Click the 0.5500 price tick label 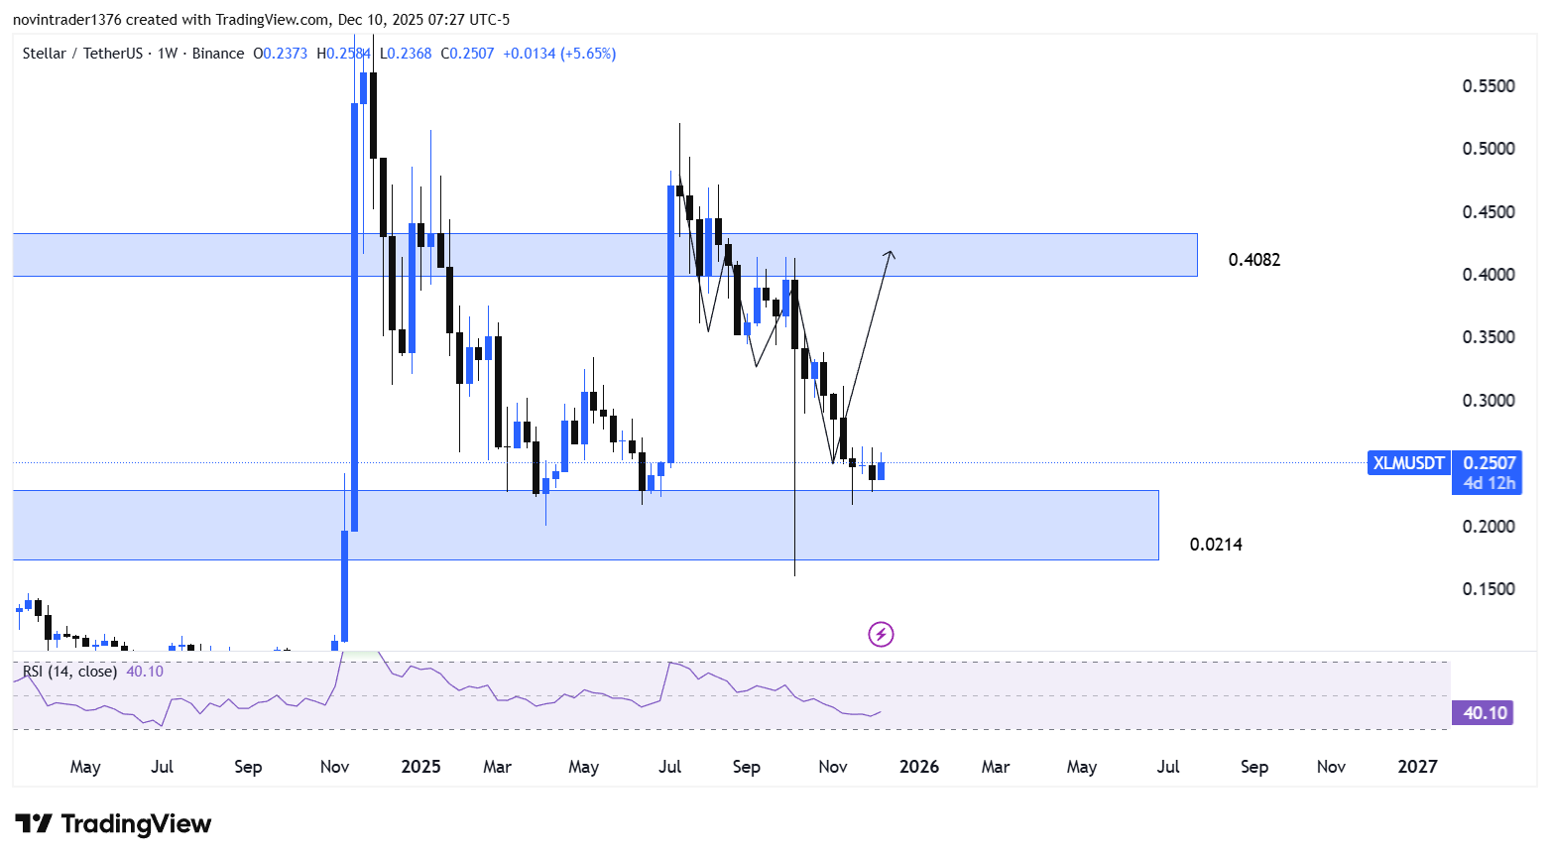click(1489, 86)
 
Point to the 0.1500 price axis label click(1489, 589)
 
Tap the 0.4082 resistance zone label click(1253, 260)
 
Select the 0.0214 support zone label click(1216, 545)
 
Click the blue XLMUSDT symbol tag click(1408, 463)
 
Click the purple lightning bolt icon click(881, 634)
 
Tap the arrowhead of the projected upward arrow click(891, 254)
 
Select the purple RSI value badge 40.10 click(1484, 713)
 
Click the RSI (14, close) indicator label click(69, 672)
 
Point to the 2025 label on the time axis click(420, 767)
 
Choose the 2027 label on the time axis click(1416, 767)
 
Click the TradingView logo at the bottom click(113, 824)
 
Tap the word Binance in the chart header click(217, 54)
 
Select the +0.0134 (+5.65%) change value click(559, 54)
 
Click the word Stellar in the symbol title click(45, 54)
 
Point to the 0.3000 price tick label click(1489, 401)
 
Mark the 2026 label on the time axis click(918, 767)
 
